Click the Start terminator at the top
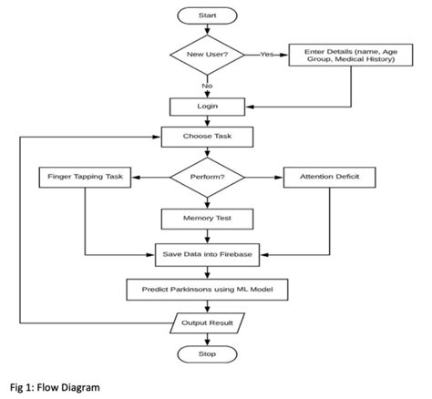coord(207,15)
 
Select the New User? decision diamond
coord(207,55)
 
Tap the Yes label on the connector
coord(267,55)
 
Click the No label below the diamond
coord(207,86)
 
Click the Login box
coord(207,107)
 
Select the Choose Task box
coord(207,138)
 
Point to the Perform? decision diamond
coord(207,176)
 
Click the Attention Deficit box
coord(329,176)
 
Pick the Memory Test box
coord(207,219)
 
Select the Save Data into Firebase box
coord(207,254)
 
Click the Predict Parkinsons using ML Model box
coord(207,290)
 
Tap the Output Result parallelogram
coord(207,322)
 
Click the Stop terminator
coord(207,353)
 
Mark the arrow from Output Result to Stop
coord(207,338)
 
